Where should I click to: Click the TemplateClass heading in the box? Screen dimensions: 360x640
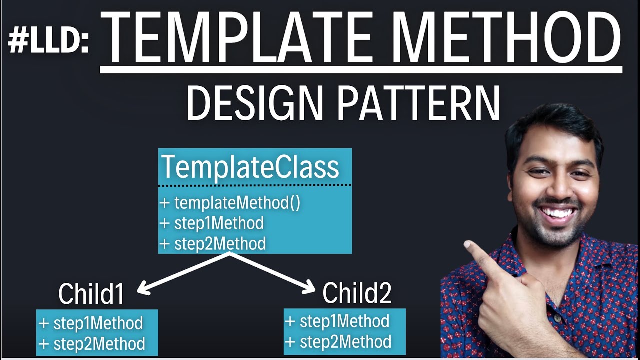coord(250,167)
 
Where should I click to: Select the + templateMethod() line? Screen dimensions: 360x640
coord(230,203)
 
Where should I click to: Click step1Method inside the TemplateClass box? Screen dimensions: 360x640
coord(218,223)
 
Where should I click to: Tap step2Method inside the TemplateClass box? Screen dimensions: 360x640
coord(219,244)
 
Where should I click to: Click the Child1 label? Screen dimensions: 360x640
coord(91,294)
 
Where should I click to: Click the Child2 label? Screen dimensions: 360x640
coord(356,293)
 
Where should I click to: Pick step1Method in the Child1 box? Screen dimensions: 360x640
coord(98,323)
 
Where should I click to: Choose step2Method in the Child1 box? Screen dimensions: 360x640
coord(99,344)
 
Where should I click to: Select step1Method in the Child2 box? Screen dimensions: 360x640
coord(344,321)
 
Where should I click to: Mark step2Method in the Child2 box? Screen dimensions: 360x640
coord(345,342)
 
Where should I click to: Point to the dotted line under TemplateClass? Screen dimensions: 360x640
coord(255,185)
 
